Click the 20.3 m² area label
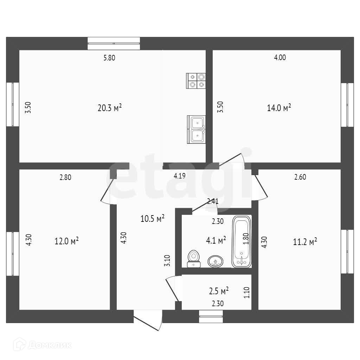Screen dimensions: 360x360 pyautogui.click(x=109, y=108)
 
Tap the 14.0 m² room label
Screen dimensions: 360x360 pyautogui.click(x=279, y=108)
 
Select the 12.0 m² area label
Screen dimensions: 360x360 pyautogui.click(x=66, y=241)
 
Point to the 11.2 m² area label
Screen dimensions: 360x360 pyautogui.click(x=305, y=241)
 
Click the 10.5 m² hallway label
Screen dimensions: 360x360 pyautogui.click(x=153, y=219)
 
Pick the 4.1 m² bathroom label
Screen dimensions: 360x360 pyautogui.click(x=216, y=240)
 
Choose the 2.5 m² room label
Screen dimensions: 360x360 pyautogui.click(x=219, y=291)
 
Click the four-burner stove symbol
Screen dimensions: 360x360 pyautogui.click(x=196, y=81)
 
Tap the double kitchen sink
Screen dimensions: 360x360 pyautogui.click(x=197, y=129)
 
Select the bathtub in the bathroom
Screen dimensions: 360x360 pyautogui.click(x=242, y=242)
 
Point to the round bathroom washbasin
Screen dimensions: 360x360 pyautogui.click(x=215, y=261)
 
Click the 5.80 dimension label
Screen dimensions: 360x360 pyautogui.click(x=109, y=58)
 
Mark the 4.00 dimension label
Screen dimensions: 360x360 pyautogui.click(x=280, y=58)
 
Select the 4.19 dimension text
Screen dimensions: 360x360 pyautogui.click(x=180, y=176)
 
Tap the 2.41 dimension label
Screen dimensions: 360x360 pyautogui.click(x=213, y=201)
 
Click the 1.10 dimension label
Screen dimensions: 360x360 pyautogui.click(x=246, y=292)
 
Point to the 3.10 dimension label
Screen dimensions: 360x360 pyautogui.click(x=168, y=261)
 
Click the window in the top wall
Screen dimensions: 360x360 pyautogui.click(x=114, y=43)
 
